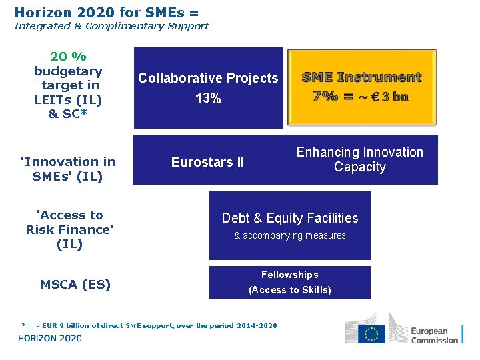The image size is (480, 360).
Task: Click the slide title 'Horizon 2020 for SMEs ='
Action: pyautogui.click(x=107, y=12)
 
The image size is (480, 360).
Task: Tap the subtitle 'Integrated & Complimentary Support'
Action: pyautogui.click(x=111, y=26)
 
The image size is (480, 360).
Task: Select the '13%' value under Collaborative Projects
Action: pyautogui.click(x=208, y=99)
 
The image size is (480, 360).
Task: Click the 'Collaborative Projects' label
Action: pyautogui.click(x=208, y=78)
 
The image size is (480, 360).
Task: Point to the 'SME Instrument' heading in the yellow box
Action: pyautogui.click(x=361, y=77)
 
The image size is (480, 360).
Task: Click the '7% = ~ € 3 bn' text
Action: pyautogui.click(x=361, y=96)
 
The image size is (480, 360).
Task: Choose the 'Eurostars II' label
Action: pyautogui.click(x=207, y=162)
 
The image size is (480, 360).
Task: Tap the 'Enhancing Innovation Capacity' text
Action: pyautogui.click(x=360, y=159)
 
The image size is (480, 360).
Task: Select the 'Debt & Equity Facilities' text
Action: pyautogui.click(x=290, y=218)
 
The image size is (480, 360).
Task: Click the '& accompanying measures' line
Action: pyautogui.click(x=290, y=235)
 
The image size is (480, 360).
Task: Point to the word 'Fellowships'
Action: pyautogui.click(x=290, y=275)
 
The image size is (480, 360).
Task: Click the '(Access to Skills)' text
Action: pyautogui.click(x=290, y=290)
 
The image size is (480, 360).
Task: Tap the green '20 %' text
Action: pyautogui.click(x=68, y=57)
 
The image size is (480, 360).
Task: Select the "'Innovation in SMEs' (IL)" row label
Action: pyautogui.click(x=68, y=169)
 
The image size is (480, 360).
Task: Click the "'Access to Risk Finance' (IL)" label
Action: pyautogui.click(x=69, y=229)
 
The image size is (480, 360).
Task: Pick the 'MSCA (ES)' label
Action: pyautogui.click(x=75, y=285)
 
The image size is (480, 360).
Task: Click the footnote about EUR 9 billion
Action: pyautogui.click(x=149, y=325)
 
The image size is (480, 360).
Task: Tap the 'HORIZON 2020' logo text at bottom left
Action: pyautogui.click(x=50, y=338)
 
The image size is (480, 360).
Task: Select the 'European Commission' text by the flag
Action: pyautogui.click(x=434, y=335)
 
